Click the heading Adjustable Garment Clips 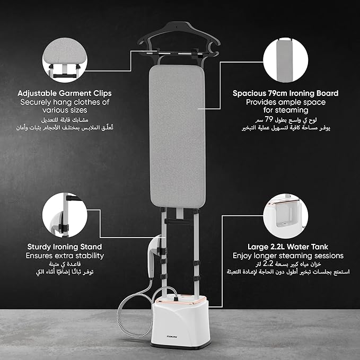(x=65, y=93)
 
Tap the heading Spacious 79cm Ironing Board (x=285, y=93)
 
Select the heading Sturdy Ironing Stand (x=65, y=247)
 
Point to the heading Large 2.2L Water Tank (x=288, y=247)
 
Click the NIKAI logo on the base (x=172, y=337)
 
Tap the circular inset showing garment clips (x=65, y=60)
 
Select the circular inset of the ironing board (x=286, y=60)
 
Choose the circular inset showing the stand (x=65, y=215)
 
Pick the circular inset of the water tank (x=286, y=216)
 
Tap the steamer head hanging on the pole (x=154, y=255)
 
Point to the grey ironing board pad (x=177, y=136)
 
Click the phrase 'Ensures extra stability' (x=65, y=256)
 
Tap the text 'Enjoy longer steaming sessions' (x=288, y=256)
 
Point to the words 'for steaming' (x=286, y=110)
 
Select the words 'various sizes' (x=65, y=110)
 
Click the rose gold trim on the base (x=180, y=300)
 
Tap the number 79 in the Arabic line (x=269, y=119)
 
